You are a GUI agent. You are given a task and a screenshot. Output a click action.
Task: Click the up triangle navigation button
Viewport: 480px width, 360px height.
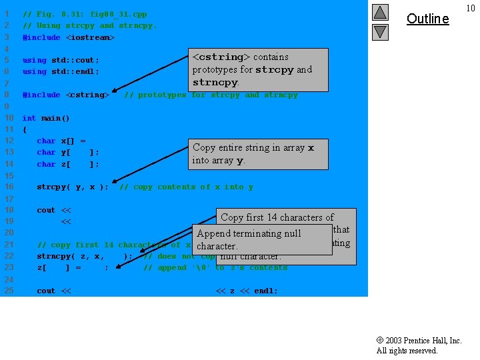tap(379, 13)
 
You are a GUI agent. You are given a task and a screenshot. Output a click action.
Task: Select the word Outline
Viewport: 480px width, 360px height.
tap(427, 19)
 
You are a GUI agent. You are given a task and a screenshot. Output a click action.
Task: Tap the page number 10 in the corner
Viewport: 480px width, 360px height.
tap(471, 8)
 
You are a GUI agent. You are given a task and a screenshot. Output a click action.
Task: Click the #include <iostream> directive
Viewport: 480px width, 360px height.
tap(69, 37)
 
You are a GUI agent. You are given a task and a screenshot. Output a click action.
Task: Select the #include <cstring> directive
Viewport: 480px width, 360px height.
tap(66, 95)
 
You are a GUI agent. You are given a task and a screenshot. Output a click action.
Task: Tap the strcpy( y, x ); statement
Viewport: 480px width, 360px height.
tap(73, 187)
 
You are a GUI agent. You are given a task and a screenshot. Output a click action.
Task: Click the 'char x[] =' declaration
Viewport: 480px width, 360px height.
tap(61, 141)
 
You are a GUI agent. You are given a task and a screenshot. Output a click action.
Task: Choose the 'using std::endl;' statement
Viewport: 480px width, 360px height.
tap(61, 71)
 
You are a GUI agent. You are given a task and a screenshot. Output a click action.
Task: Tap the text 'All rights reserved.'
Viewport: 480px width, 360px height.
tap(407, 351)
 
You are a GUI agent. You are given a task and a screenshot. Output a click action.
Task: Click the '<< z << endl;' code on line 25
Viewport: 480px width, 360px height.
tap(247, 291)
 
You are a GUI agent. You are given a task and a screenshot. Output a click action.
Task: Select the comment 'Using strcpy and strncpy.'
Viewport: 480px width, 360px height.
tap(90, 25)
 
